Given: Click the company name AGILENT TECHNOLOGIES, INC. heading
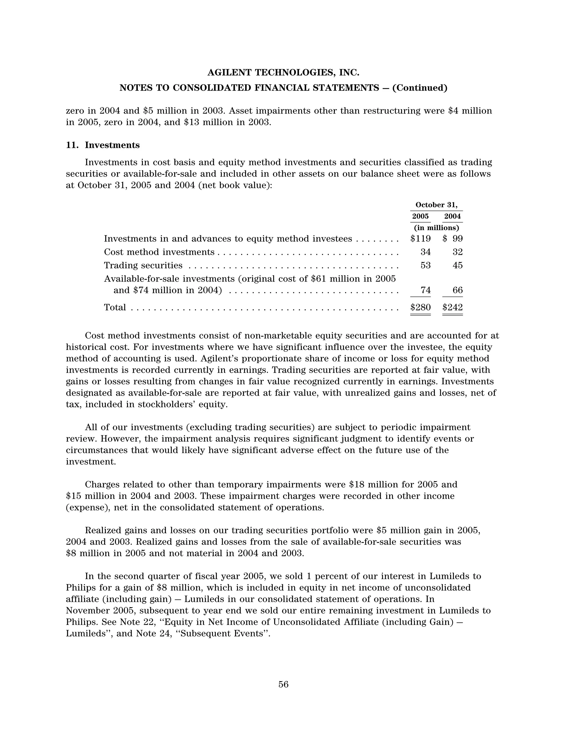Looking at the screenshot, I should pyautogui.click(x=283, y=73).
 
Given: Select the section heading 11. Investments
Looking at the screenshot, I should pyautogui.click(x=103, y=145).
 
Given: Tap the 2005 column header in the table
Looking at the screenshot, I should pyautogui.click(x=420, y=216).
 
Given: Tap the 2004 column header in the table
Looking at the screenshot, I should pyautogui.click(x=452, y=216).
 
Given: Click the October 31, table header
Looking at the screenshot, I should pyautogui.click(x=436, y=205).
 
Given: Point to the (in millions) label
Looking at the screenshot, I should pyautogui.click(x=436, y=228).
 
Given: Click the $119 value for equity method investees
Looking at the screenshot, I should pyautogui.click(x=421, y=239).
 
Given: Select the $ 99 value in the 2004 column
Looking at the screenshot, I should pyautogui.click(x=453, y=239).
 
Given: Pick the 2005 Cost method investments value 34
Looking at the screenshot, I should pyautogui.click(x=425, y=252).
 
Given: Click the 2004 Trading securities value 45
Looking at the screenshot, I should pyautogui.click(x=457, y=265).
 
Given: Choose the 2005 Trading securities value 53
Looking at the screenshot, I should pyautogui.click(x=425, y=265).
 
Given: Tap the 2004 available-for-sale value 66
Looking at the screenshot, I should pyautogui.click(x=457, y=290).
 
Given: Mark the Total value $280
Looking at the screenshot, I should pyautogui.click(x=421, y=307).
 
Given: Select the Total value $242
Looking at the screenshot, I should pyautogui.click(x=453, y=307).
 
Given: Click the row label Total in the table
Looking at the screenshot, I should pyautogui.click(x=115, y=307).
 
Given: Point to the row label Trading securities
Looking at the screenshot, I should pyautogui.click(x=143, y=265).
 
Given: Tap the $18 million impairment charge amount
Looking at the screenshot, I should pyautogui.click(x=373, y=485).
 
